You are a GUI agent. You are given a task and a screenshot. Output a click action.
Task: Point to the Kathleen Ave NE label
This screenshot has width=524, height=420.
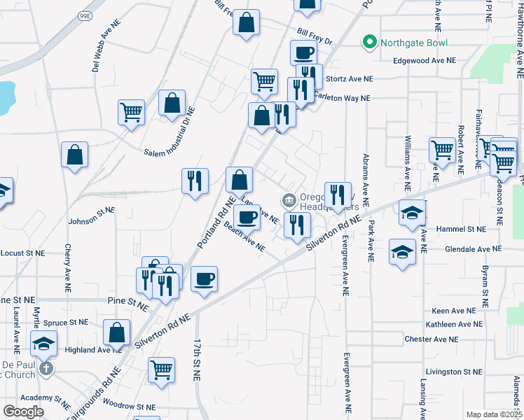454,324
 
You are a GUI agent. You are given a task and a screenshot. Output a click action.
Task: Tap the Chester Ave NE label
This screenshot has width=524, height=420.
431,339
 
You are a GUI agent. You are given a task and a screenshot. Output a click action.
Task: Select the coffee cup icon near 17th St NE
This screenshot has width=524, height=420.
204,278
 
